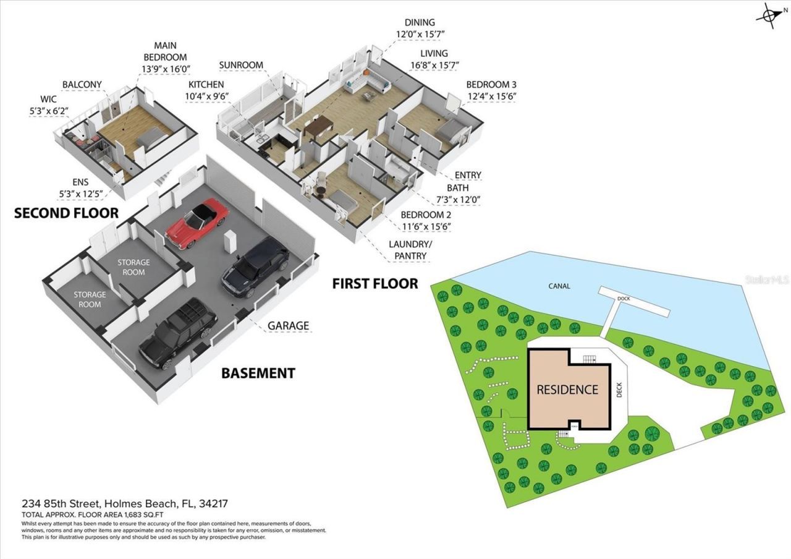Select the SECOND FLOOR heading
coord(66,213)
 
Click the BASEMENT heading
coord(258,373)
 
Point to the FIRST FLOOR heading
coord(375,284)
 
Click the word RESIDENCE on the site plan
coord(567,390)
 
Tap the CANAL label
coord(559,286)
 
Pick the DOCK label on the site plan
coord(624,299)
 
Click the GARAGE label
coord(288,326)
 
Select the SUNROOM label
coord(241,65)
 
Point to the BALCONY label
coord(82,85)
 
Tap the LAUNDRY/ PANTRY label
coord(410,250)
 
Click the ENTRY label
coord(467,176)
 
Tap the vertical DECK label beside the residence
coord(620,389)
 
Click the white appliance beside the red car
coord(230,241)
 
